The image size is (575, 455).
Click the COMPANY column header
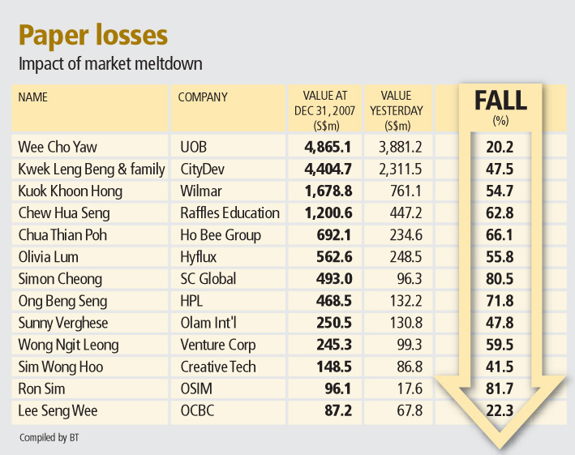pos(203,97)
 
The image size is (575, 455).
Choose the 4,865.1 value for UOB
pos(328,148)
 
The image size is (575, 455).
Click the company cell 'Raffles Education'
pos(230,213)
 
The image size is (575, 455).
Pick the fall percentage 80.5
pos(500,279)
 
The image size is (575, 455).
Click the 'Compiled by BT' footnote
pos(50,438)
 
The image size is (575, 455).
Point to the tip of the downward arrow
pos(501,447)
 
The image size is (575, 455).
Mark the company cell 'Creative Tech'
pos(217,367)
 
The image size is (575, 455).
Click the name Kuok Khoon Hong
pos(70,191)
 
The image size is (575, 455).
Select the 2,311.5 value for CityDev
pos(397,170)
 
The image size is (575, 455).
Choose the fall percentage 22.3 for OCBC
pos(500,411)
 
